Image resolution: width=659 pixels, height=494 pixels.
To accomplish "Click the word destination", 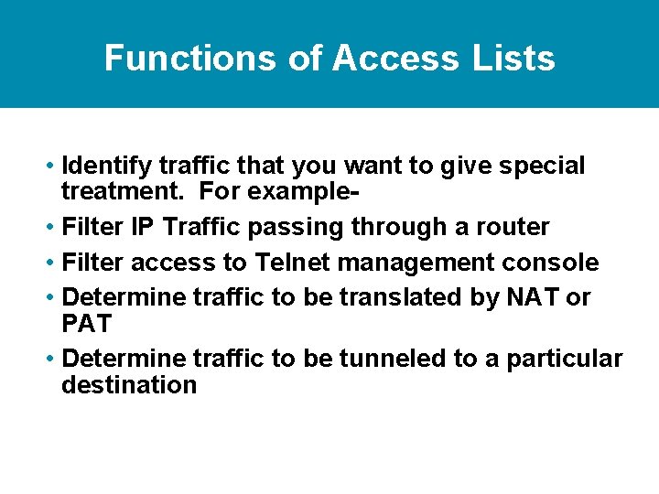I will [x=129, y=385].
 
